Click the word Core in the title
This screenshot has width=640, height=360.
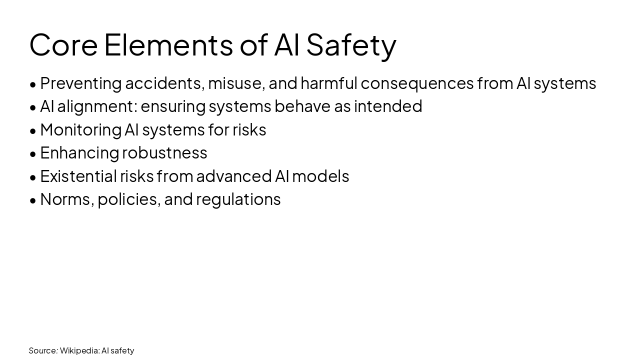[63, 44]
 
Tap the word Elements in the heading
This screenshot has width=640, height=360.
[168, 44]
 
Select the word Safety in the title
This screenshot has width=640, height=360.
[351, 44]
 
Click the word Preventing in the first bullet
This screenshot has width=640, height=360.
[81, 83]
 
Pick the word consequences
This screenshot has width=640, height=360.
[417, 83]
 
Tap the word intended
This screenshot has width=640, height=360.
[388, 106]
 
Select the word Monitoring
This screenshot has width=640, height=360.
[80, 129]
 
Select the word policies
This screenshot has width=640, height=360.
[128, 199]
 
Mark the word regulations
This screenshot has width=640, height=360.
[238, 199]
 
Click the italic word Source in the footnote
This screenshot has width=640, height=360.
[42, 350]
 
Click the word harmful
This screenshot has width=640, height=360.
[328, 83]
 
